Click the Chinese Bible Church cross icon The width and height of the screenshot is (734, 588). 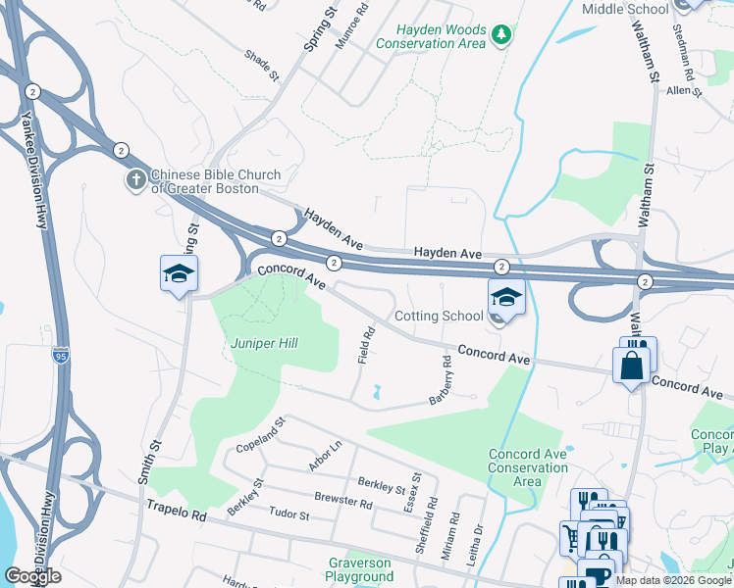pos(135,180)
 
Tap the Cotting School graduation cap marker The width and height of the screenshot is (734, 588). pos(506,298)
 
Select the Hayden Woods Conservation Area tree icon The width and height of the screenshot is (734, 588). pos(501,35)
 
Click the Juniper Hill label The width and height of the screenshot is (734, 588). pos(264,343)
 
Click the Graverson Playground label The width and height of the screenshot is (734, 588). pos(359,570)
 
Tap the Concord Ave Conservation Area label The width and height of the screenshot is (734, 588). pos(528,467)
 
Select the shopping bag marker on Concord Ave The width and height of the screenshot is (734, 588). pos(631,366)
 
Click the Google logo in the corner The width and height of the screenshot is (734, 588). pos(32,576)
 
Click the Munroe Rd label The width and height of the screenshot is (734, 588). pos(361,20)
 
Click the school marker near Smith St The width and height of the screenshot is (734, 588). pos(180,275)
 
